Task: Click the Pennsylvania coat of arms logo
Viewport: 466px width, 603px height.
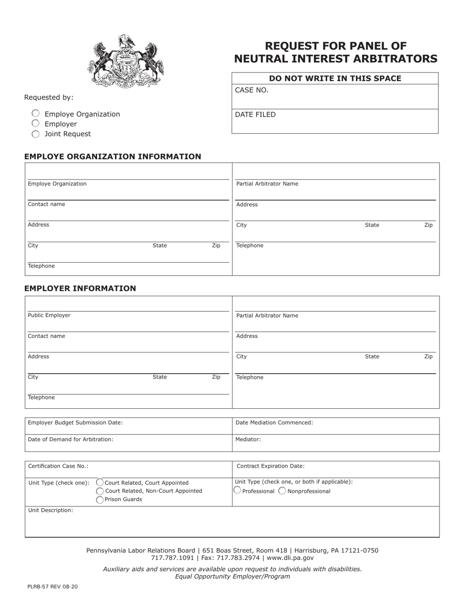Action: (126, 61)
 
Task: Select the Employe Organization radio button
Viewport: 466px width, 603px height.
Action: (36, 114)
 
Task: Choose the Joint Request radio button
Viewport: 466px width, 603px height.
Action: (36, 134)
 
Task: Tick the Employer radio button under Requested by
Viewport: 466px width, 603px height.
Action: (36, 124)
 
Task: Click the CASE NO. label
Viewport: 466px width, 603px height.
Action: (252, 90)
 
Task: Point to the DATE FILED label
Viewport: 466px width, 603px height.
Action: (255, 115)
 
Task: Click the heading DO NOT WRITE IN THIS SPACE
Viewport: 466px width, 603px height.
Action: (335, 78)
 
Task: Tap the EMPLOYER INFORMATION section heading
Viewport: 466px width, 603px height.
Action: (80, 288)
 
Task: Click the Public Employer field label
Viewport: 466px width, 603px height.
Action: (49, 315)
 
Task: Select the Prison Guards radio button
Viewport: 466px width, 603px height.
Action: (100, 500)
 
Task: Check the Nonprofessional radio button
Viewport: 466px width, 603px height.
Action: (282, 491)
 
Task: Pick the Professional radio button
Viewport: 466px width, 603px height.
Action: (237, 490)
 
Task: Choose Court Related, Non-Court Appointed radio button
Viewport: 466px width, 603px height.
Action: (100, 491)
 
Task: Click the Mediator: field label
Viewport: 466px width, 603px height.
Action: (248, 439)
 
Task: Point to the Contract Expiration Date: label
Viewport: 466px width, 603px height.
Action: (270, 466)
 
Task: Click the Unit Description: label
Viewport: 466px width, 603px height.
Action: (51, 510)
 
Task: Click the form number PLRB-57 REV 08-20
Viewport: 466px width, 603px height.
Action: (52, 586)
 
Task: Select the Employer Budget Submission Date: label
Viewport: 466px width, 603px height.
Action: (75, 422)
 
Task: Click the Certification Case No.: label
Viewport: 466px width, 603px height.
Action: (58, 466)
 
